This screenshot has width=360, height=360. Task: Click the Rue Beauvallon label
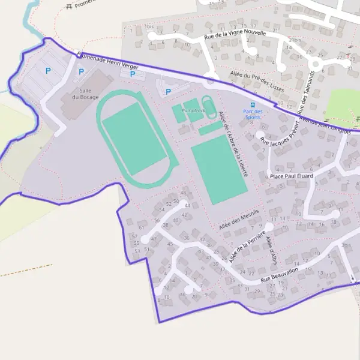click(280, 277)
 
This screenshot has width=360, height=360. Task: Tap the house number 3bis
click(346, 245)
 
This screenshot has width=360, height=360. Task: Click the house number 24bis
click(294, 40)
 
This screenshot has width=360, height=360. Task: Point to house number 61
click(142, 227)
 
